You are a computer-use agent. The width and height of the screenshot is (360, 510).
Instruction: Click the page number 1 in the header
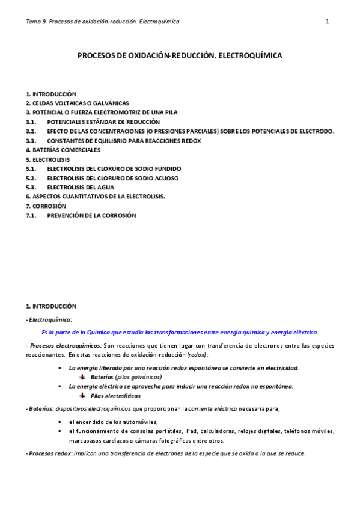click(x=327, y=22)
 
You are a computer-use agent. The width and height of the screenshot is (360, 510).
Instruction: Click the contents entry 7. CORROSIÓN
click(x=46, y=206)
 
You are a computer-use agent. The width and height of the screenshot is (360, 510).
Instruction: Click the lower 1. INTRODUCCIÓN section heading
click(x=51, y=306)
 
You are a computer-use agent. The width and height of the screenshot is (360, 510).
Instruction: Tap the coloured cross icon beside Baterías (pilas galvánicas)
click(x=83, y=377)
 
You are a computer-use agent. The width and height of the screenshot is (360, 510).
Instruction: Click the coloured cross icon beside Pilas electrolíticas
click(x=83, y=396)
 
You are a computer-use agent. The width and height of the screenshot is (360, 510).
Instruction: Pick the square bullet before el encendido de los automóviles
click(x=59, y=422)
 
